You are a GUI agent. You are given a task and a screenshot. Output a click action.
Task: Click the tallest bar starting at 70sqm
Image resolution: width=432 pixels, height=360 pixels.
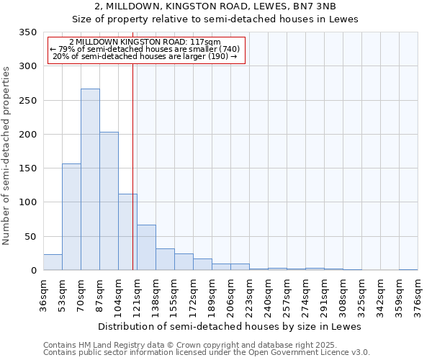tap(90, 179)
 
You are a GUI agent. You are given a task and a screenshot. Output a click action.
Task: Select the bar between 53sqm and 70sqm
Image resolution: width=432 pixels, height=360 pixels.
tap(71, 217)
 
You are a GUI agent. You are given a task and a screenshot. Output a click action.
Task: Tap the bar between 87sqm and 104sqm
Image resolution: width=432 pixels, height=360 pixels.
tap(109, 201)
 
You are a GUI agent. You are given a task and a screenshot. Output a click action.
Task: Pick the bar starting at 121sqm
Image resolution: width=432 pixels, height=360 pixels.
tap(146, 248)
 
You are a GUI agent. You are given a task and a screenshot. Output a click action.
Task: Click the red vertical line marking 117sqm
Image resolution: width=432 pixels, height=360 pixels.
tap(133, 166)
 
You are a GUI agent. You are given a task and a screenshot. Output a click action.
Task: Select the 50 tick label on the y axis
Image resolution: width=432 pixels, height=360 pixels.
tap(30, 237)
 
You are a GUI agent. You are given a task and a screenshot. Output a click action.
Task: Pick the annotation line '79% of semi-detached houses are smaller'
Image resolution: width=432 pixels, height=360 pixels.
tap(146, 49)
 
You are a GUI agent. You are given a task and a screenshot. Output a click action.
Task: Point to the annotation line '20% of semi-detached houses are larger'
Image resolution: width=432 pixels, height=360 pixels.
tap(146, 56)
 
